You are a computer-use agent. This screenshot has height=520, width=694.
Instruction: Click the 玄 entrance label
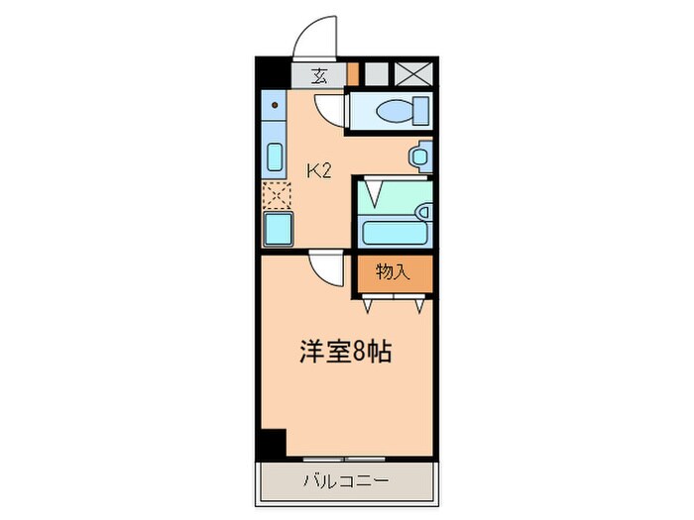pos(320,74)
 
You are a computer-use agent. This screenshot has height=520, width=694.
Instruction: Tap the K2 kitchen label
pos(317,170)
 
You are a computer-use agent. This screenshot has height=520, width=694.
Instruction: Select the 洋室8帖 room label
pos(346,352)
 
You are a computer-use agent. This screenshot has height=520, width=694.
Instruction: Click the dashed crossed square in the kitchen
pos(274,195)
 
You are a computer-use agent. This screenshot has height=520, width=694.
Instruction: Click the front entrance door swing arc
pos(315,37)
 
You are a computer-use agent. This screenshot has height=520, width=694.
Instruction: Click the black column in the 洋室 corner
pos(271,443)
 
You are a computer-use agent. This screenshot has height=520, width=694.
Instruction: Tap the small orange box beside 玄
pos(352,73)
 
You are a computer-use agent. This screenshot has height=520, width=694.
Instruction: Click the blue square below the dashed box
pos(277,230)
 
